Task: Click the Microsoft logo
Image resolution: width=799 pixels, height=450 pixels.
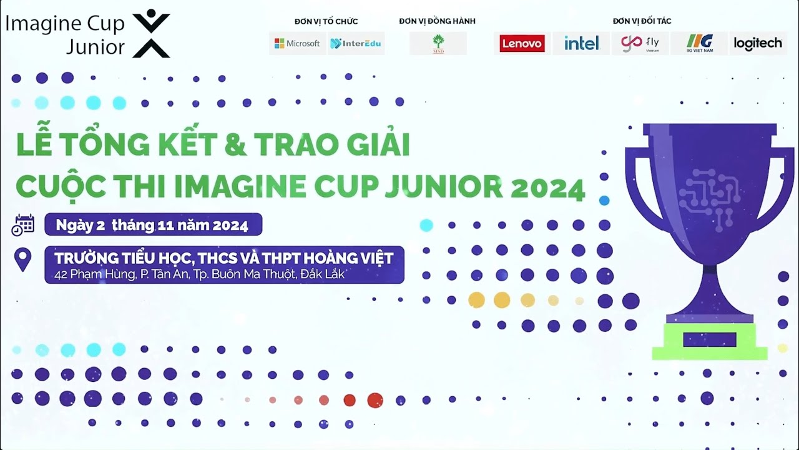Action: pyautogui.click(x=297, y=43)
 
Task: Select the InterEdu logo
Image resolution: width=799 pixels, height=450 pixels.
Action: pyautogui.click(x=356, y=43)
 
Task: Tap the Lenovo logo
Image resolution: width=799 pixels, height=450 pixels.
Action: pyautogui.click(x=522, y=43)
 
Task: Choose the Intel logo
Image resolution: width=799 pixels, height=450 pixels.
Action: pyautogui.click(x=581, y=43)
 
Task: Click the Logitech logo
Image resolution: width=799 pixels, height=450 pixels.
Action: pyautogui.click(x=758, y=43)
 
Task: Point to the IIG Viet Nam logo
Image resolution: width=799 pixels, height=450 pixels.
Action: pyautogui.click(x=699, y=43)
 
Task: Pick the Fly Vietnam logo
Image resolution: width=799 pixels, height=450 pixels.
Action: pyautogui.click(x=640, y=43)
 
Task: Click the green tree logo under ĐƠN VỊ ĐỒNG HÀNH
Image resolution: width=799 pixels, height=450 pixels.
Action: pyautogui.click(x=438, y=43)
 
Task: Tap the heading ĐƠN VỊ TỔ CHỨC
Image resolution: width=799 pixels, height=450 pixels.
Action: pyautogui.click(x=326, y=21)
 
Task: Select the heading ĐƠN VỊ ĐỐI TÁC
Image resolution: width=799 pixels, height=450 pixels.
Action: pyautogui.click(x=642, y=21)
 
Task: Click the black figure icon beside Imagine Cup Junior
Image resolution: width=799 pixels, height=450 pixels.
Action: pyautogui.click(x=151, y=34)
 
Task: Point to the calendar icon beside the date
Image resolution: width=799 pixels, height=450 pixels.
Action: pyautogui.click(x=23, y=224)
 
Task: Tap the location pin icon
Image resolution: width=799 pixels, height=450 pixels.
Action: pyautogui.click(x=23, y=259)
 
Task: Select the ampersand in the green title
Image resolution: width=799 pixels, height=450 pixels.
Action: pyautogui.click(x=234, y=145)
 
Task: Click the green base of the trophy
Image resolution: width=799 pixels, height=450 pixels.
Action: pyautogui.click(x=709, y=341)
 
